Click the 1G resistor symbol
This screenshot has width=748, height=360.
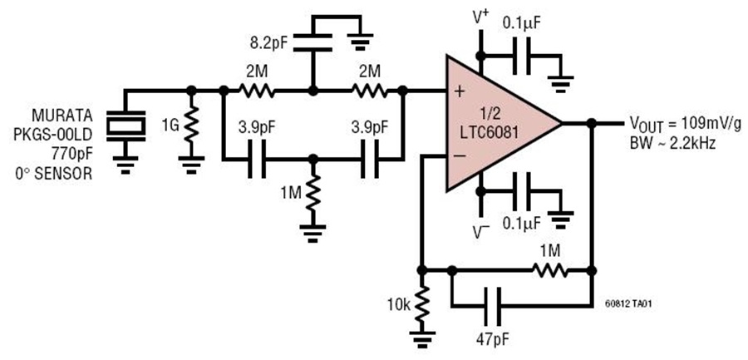coord(192,127)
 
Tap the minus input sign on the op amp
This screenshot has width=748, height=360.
coord(458,155)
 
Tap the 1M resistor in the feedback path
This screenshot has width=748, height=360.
coord(549,270)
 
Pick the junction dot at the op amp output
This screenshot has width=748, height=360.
coord(590,123)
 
